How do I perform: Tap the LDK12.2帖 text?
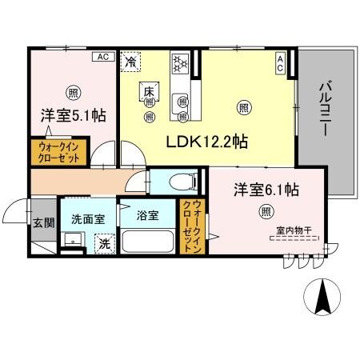pyautogui.click(x=206, y=142)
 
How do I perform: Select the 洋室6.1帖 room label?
pyautogui.click(x=266, y=190)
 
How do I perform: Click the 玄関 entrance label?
pyautogui.click(x=42, y=225)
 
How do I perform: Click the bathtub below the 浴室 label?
pyautogui.click(x=149, y=241)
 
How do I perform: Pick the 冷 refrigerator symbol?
pyautogui.click(x=130, y=60)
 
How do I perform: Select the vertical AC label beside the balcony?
pyautogui.click(x=281, y=62)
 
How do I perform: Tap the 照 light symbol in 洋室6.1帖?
pyautogui.click(x=266, y=212)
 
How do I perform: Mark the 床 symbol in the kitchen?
pyautogui.click(x=148, y=90)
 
